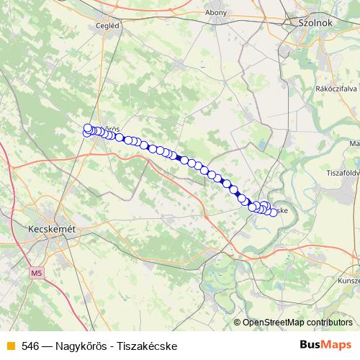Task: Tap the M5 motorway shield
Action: click(x=37, y=273)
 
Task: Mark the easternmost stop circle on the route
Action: click(x=274, y=212)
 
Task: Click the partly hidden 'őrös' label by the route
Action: click(x=111, y=129)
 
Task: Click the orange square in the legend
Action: click(x=10, y=346)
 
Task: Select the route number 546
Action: click(x=30, y=346)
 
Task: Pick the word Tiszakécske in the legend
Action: click(x=149, y=346)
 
